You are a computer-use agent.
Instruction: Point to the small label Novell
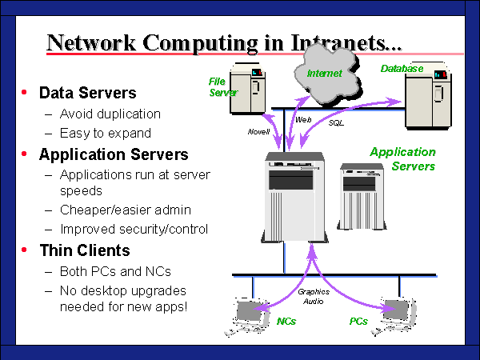[x=258, y=130]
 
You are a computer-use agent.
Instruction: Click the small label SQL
[x=336, y=123]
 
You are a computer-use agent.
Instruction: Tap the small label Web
[x=303, y=118]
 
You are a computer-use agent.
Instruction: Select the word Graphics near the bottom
[x=314, y=292]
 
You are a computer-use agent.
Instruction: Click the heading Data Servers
[x=87, y=94]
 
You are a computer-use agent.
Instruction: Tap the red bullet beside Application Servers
[x=25, y=154]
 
